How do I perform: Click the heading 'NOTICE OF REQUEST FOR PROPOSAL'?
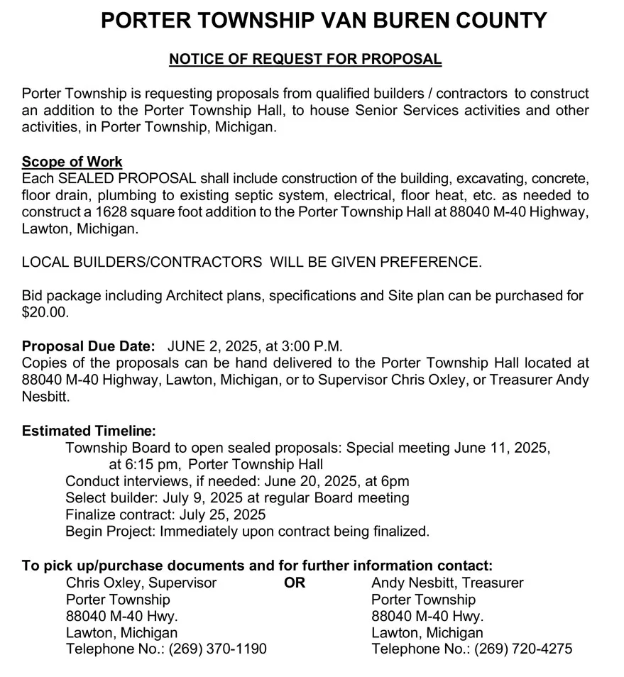[x=305, y=59]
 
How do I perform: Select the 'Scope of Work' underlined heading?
[x=72, y=162]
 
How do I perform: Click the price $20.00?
[x=45, y=312]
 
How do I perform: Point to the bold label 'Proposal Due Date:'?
[x=89, y=346]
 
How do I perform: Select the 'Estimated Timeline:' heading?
[x=89, y=431]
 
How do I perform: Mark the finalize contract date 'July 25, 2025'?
[x=217, y=514]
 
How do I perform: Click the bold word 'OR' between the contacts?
[x=294, y=583]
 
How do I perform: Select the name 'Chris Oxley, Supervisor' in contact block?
[x=141, y=583]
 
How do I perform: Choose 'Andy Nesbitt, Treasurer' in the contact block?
[x=447, y=583]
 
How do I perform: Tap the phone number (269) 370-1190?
[x=217, y=649]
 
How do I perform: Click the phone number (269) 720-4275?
[x=523, y=649]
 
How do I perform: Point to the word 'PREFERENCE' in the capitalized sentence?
[x=431, y=262]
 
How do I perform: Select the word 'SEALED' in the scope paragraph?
[x=89, y=178]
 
